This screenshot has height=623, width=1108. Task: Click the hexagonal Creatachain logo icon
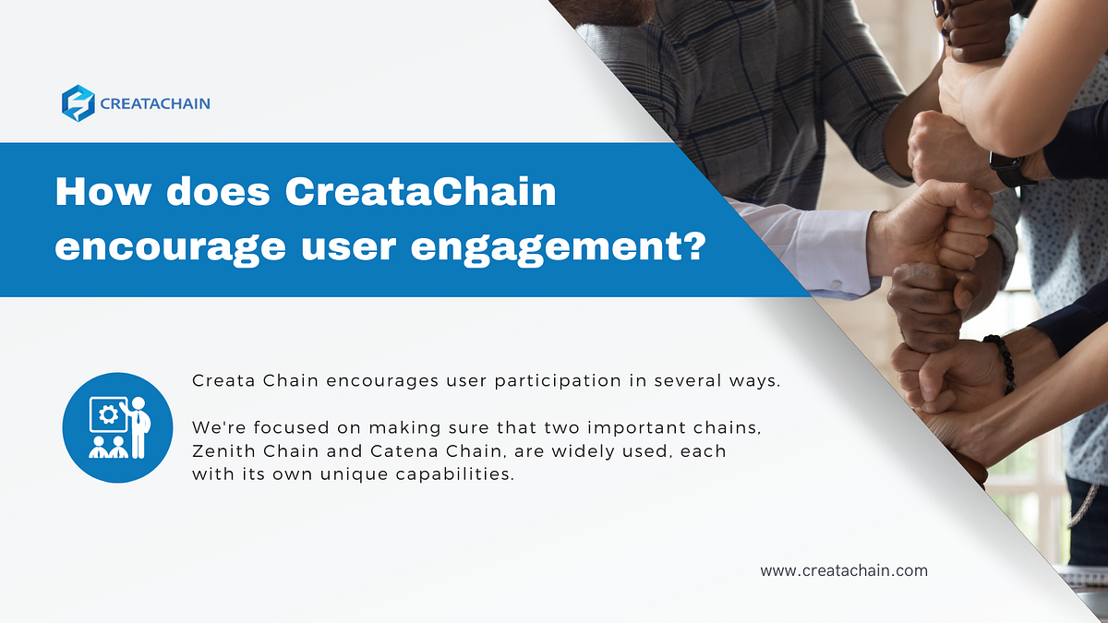point(78,103)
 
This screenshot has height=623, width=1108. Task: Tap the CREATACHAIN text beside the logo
point(156,103)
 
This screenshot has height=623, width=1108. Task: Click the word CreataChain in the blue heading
point(421,192)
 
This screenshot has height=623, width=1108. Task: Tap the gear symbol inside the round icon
point(107,415)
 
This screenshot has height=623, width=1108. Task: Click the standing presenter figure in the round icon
point(138,426)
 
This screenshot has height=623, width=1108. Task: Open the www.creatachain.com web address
point(844,570)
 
